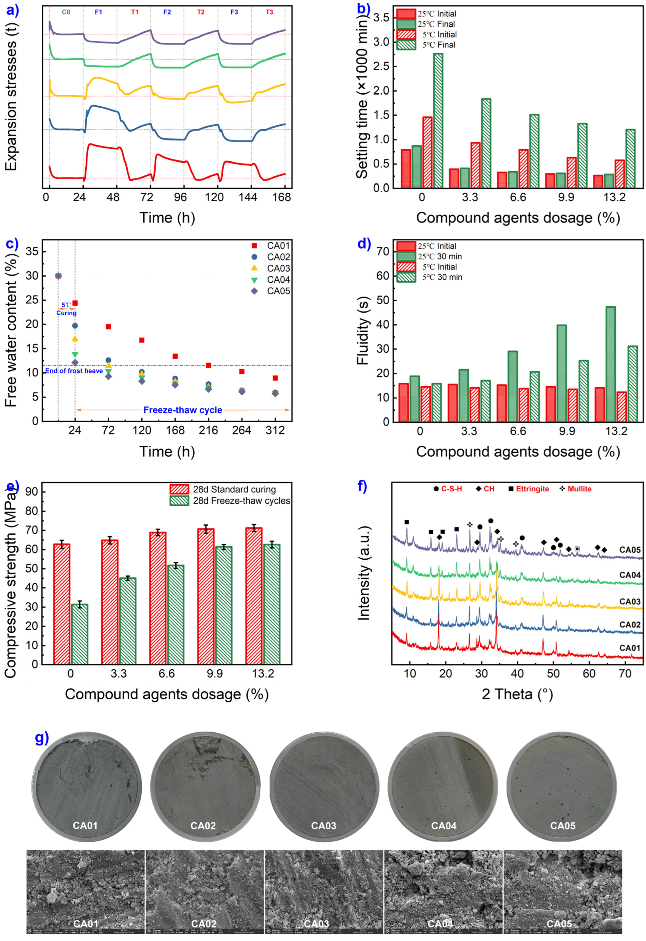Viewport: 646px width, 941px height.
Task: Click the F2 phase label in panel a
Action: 167,12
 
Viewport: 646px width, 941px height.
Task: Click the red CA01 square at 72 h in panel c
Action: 108,327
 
